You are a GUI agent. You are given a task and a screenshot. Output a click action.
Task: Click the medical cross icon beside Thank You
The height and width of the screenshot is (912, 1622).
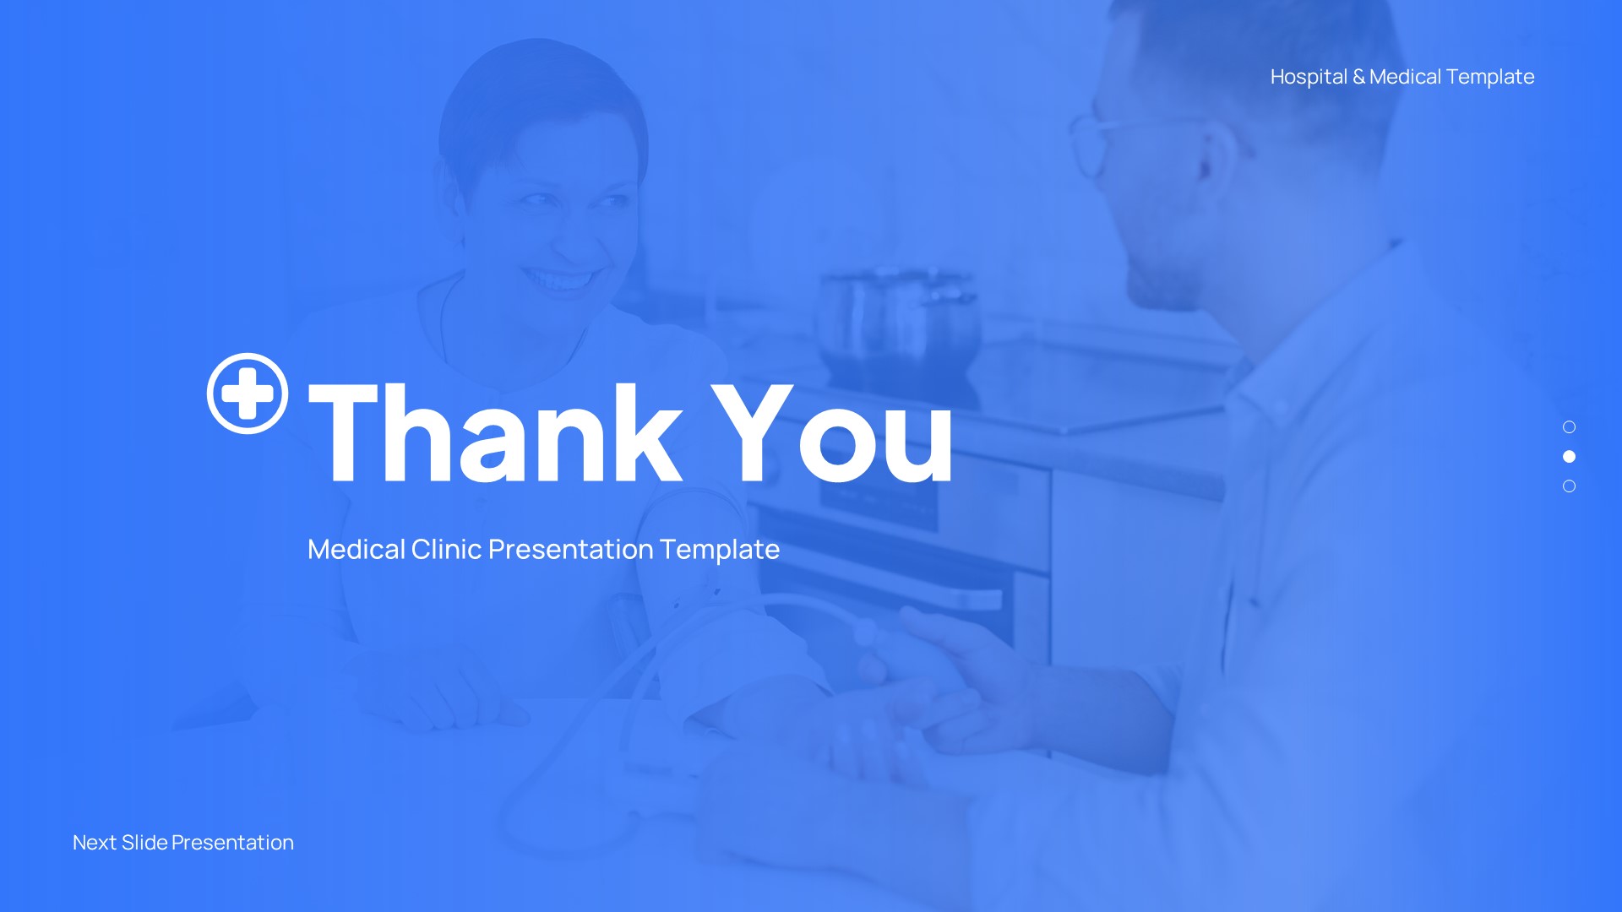coord(248,394)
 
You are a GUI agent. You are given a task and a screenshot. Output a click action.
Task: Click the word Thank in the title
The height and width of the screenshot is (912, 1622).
coord(495,433)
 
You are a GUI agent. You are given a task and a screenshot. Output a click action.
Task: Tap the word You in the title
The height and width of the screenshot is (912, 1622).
coord(832,433)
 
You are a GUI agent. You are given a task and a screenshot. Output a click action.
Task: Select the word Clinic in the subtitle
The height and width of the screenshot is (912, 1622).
coord(446,550)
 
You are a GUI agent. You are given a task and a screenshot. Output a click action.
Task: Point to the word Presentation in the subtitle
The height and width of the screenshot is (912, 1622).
coord(571,550)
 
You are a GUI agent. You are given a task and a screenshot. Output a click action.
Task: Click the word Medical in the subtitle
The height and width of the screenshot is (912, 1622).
coord(356,550)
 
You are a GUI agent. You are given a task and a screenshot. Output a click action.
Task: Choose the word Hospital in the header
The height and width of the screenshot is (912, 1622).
coord(1309,77)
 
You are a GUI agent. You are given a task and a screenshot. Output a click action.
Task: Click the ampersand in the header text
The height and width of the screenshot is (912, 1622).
coord(1358,77)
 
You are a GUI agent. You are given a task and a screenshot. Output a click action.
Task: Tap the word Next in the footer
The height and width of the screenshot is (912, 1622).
coord(95,843)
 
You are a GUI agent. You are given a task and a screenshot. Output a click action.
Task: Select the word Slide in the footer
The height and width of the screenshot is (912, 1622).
coord(144,843)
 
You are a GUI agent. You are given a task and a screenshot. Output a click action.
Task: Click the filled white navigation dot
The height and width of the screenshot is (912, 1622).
coord(1569,457)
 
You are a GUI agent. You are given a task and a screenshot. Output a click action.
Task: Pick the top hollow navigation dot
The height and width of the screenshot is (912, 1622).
coord(1569,427)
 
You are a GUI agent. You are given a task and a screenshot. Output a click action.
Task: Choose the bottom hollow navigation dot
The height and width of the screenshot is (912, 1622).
coord(1569,486)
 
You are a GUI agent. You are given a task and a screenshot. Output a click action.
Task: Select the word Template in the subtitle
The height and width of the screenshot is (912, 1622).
coord(719,550)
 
